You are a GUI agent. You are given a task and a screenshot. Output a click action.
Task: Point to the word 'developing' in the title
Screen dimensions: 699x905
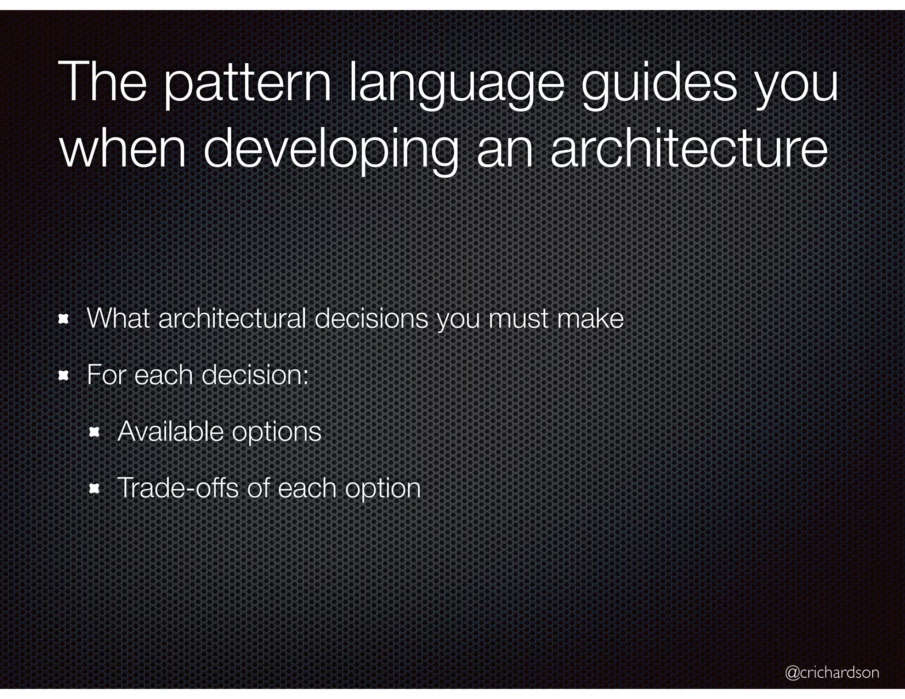point(330,150)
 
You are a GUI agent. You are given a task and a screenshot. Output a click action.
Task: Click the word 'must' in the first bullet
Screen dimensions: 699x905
point(518,319)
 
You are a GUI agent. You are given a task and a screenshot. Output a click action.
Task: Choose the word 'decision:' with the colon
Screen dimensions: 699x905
point(255,375)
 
